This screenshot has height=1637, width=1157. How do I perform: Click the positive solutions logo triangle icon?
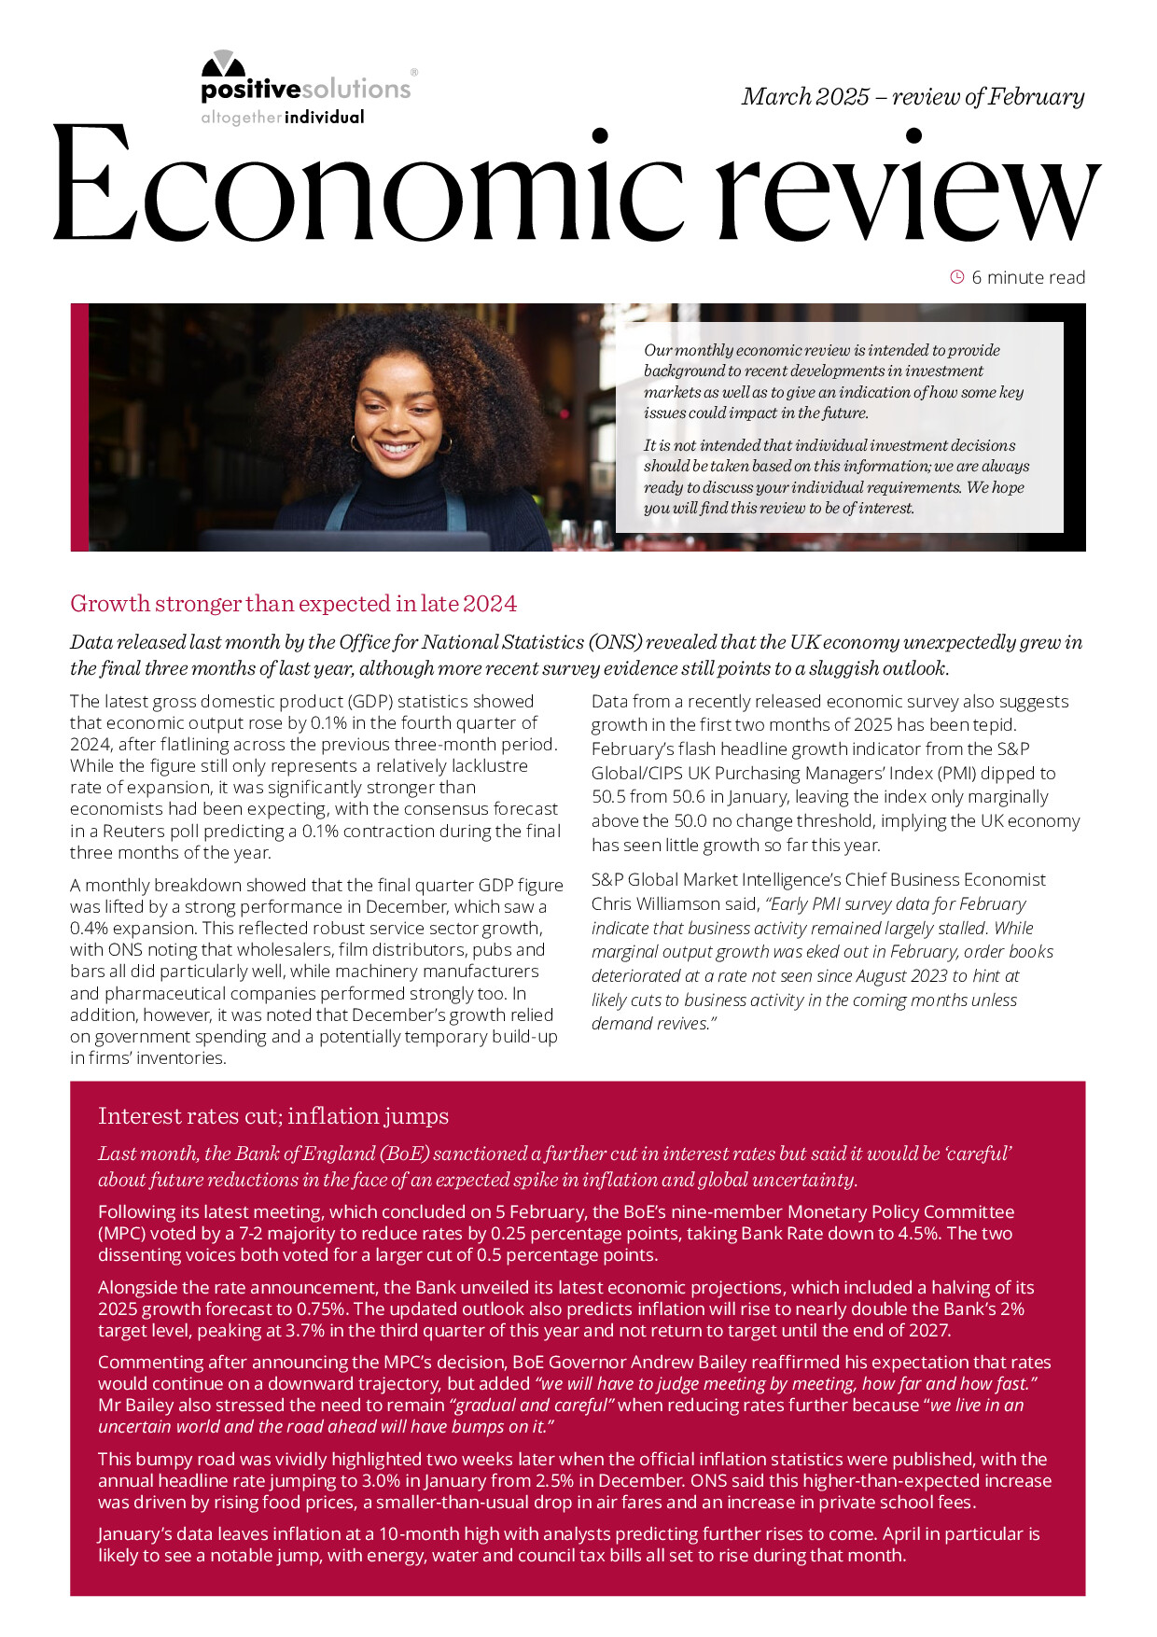(x=223, y=63)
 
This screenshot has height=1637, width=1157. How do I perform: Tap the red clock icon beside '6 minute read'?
(x=956, y=276)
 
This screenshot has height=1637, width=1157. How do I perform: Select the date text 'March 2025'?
(x=805, y=97)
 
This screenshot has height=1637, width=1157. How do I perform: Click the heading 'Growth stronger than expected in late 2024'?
(x=293, y=604)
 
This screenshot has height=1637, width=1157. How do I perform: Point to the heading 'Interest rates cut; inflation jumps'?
(x=273, y=1115)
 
